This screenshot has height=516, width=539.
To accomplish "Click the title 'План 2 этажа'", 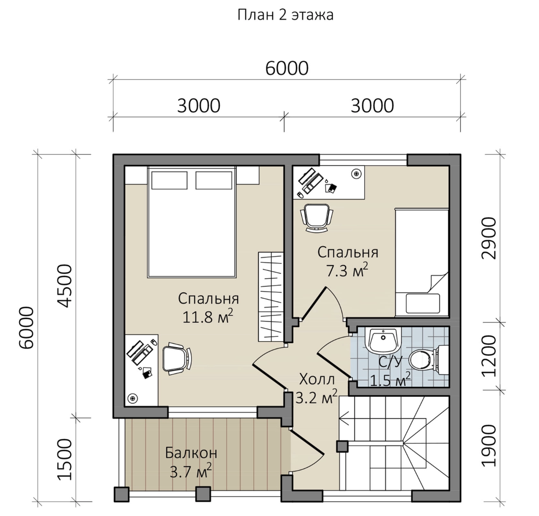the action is pos(286,15).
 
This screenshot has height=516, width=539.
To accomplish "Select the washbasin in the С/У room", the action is pos(383,340).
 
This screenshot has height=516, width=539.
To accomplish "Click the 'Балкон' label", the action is pos(191,453).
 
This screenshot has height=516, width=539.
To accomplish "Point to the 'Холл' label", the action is pos(317,379).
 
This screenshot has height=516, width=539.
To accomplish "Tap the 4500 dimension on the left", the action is pos(66,286).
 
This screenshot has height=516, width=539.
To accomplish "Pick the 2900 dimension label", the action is pos(488,238).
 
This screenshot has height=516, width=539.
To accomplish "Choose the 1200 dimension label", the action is pos(488,356).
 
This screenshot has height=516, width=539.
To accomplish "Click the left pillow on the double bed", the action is pos(169,180).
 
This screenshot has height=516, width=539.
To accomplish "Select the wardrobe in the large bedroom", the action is pos(271,297).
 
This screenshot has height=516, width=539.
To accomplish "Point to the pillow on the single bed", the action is pos(423,303).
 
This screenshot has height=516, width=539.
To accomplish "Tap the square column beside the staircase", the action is pos(342,446).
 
